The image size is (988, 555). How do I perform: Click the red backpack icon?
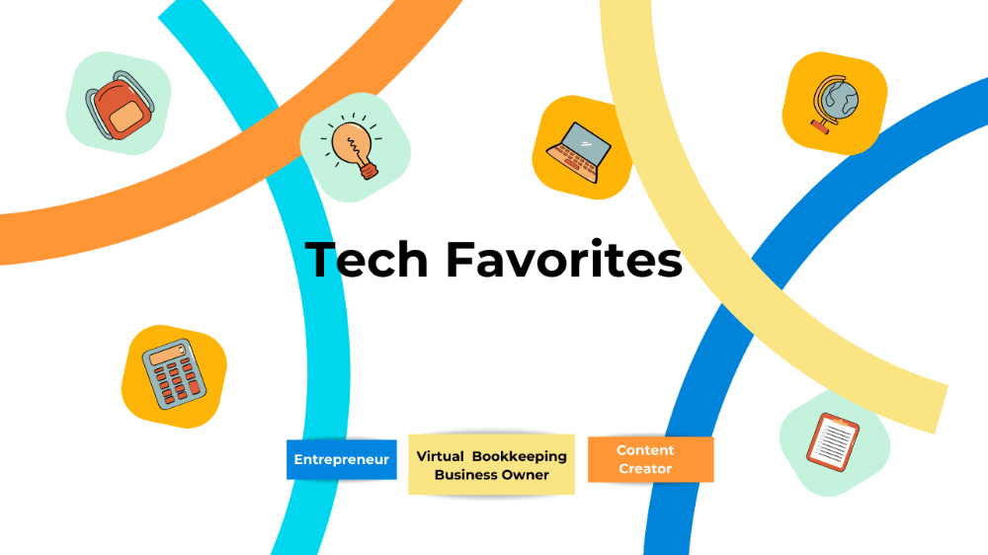[x=119, y=104]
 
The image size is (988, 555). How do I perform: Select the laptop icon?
[x=579, y=150]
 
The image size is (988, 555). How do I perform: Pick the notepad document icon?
[x=833, y=440]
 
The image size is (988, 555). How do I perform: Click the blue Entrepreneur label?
[x=341, y=460]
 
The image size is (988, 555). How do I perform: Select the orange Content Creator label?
[x=649, y=459]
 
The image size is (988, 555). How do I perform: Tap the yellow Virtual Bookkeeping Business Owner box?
[x=491, y=464]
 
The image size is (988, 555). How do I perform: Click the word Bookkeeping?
[x=520, y=456]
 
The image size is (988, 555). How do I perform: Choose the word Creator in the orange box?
[x=645, y=469]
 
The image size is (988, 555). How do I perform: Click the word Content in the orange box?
[x=645, y=450]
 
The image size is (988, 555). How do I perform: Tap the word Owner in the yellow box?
[x=526, y=475]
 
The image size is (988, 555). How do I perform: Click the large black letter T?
[x=319, y=261]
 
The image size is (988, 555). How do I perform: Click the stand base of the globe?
[x=819, y=125]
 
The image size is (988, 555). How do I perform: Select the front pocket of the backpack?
[x=125, y=119]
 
